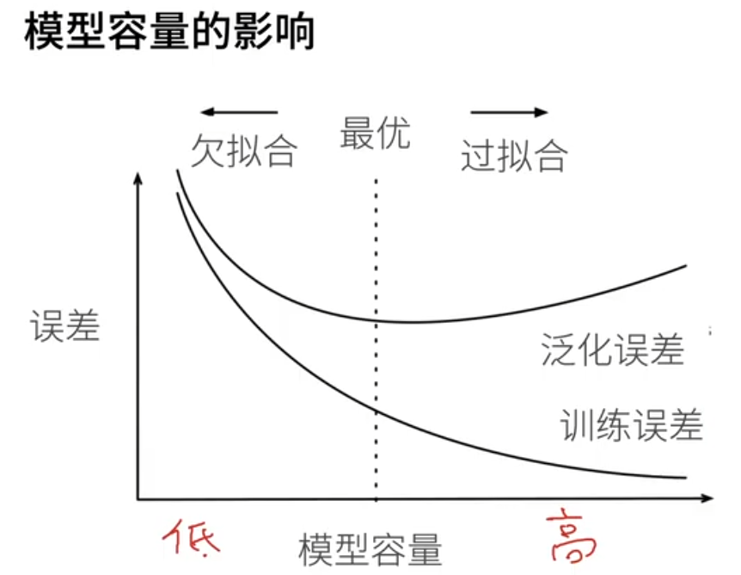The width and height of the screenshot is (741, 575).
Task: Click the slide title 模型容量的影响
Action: click(170, 32)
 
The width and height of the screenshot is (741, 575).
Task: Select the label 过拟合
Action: click(514, 156)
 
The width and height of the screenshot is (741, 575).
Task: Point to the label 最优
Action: click(375, 134)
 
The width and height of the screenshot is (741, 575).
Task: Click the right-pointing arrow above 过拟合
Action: click(509, 112)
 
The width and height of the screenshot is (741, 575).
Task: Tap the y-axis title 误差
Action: click(65, 326)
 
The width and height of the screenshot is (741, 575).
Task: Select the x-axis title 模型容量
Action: click(370, 548)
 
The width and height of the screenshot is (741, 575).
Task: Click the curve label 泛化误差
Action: click(613, 349)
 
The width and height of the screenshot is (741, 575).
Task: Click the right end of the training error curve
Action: click(686, 477)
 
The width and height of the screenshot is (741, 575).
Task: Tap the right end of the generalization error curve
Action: click(686, 266)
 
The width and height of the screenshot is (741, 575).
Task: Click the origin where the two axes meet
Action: click(138, 498)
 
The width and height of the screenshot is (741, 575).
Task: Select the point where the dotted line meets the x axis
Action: click(377, 498)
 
